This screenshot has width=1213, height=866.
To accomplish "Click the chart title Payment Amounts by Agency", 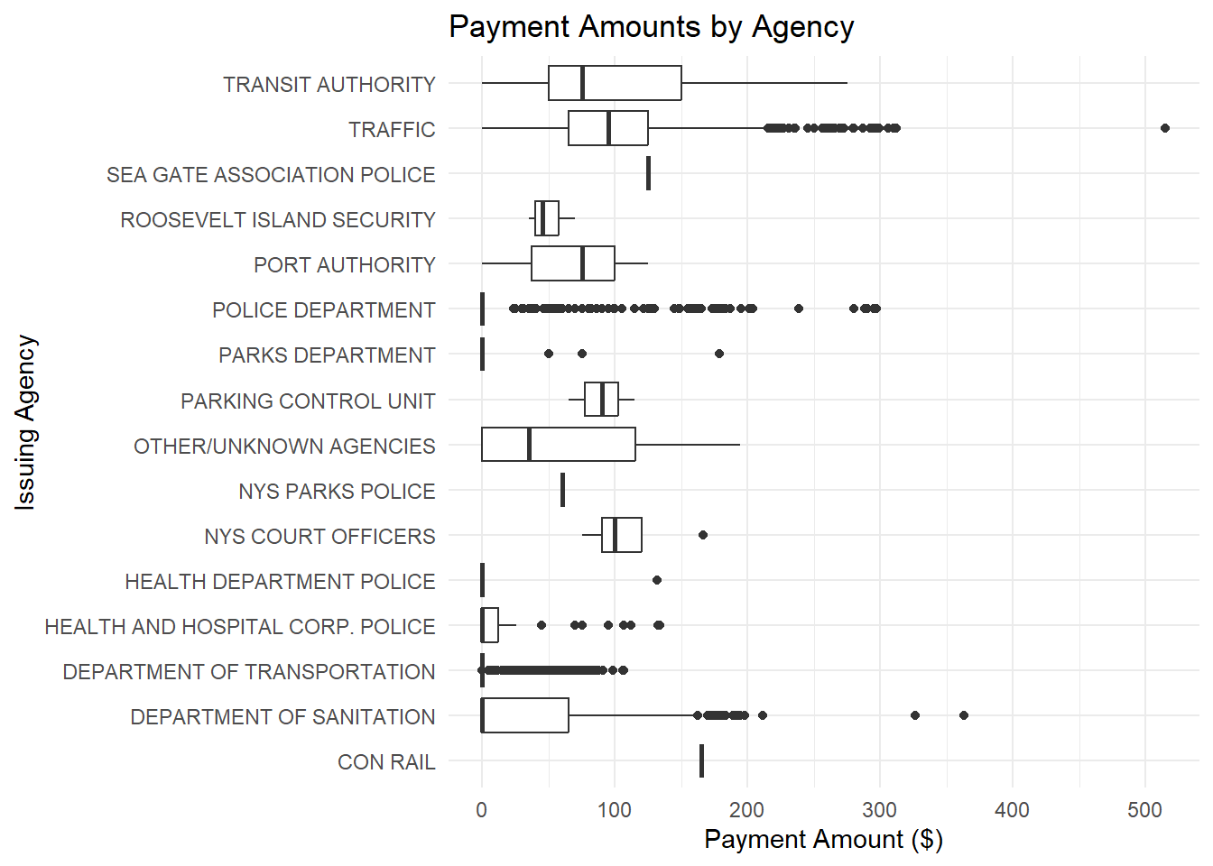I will tap(651, 27).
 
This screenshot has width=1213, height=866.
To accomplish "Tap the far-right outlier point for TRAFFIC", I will tap(1164, 128).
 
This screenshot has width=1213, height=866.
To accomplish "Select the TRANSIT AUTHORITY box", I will tap(615, 83).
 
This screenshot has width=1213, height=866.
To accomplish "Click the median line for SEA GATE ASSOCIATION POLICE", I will tap(648, 173).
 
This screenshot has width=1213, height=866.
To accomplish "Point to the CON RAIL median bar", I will tap(701, 760).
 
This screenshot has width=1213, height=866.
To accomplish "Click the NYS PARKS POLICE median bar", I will tap(562, 490).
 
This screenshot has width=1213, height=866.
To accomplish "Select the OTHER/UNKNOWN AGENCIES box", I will tap(558, 445).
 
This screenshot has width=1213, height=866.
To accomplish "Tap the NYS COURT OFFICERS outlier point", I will tap(703, 535).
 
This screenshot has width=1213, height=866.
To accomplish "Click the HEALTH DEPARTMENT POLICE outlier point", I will tap(657, 580).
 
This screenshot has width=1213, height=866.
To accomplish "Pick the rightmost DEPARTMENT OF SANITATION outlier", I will tap(964, 715).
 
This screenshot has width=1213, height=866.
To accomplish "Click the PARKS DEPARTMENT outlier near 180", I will tap(719, 354).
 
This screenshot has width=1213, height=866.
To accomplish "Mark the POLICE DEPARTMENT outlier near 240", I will tap(799, 309).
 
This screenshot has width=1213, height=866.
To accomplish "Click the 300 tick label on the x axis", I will tap(879, 810).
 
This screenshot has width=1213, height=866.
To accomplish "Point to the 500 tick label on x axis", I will tap(1144, 810).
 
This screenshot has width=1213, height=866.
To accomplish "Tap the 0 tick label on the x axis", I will tap(481, 810).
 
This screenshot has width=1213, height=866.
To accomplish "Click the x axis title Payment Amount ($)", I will tap(823, 840).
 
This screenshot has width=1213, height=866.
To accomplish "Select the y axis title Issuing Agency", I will tap(26, 422).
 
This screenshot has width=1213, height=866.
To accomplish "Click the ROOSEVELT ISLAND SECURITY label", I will tap(278, 220).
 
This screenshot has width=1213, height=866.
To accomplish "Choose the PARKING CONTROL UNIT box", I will tap(601, 399).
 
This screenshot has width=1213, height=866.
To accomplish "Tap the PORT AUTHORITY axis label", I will tap(344, 265).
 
